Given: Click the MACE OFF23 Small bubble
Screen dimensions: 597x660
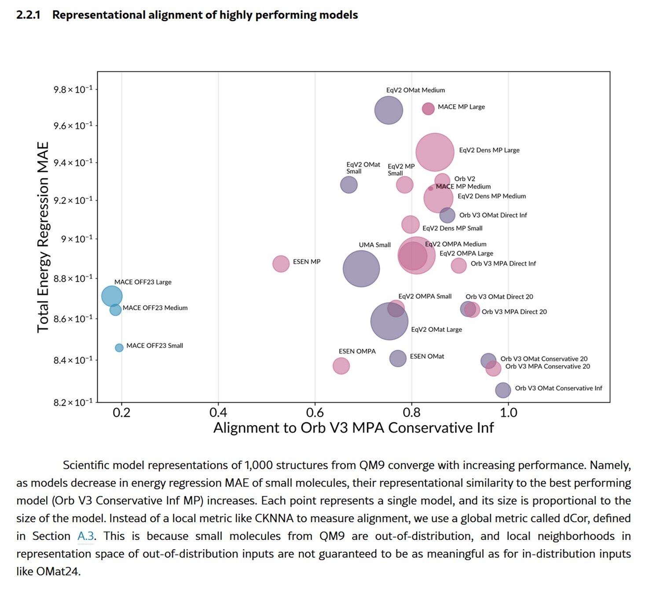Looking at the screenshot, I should pos(119,348).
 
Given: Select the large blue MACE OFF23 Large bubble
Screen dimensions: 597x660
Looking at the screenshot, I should pos(112,296).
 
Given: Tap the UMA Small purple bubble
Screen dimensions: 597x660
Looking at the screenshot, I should pos(361,268).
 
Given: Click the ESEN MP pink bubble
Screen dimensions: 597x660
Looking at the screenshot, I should pos(281,264).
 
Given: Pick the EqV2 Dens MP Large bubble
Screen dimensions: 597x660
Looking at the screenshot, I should pos(434,152).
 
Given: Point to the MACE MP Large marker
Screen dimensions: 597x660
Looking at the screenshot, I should pos(428,108).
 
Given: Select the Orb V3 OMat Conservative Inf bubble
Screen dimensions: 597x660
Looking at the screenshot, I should pos(502,389).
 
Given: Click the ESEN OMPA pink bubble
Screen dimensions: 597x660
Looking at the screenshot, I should pos(341,366).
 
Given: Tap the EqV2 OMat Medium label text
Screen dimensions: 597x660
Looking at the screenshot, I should pos(415,90).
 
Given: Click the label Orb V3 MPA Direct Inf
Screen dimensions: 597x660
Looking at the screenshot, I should pos(503,264).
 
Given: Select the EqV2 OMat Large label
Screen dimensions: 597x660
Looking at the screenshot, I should pos(436,330).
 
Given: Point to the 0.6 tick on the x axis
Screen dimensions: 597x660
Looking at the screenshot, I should pos(315,413).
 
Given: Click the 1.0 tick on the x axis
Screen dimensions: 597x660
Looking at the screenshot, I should pos(508,413).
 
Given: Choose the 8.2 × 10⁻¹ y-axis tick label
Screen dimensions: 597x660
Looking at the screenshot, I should pos(73,403).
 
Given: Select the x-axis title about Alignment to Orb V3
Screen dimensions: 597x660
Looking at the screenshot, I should pos(353,428).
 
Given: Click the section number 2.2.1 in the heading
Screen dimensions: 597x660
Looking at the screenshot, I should pos(28,15).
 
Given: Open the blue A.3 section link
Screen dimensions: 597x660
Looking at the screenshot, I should pos(85,536).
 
